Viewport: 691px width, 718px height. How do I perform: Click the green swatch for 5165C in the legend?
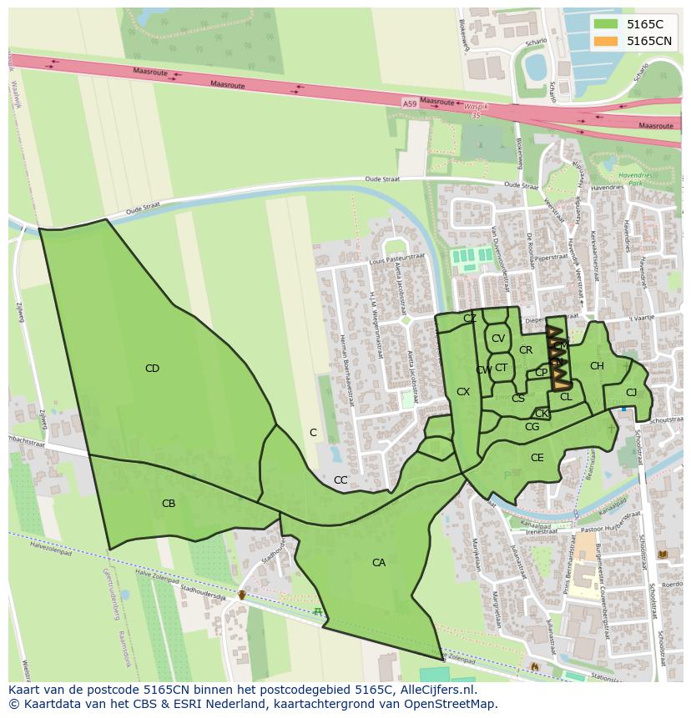[608, 24]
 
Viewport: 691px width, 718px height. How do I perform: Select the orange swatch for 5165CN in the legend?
[608, 41]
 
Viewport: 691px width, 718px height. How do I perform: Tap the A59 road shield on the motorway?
[409, 103]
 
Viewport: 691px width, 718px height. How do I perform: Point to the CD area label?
[152, 369]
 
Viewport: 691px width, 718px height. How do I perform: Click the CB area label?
[169, 504]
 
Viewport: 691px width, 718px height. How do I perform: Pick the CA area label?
[379, 563]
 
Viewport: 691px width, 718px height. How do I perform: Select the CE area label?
[537, 458]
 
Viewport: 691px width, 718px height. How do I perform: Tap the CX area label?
[463, 392]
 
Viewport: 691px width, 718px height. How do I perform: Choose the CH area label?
[597, 366]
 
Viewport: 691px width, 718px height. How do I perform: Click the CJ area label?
[631, 393]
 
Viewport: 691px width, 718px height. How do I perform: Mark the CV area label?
[498, 339]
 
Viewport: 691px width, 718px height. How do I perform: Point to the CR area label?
[526, 350]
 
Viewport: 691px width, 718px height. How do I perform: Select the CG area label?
[532, 428]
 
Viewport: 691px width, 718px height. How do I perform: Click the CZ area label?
[470, 319]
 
